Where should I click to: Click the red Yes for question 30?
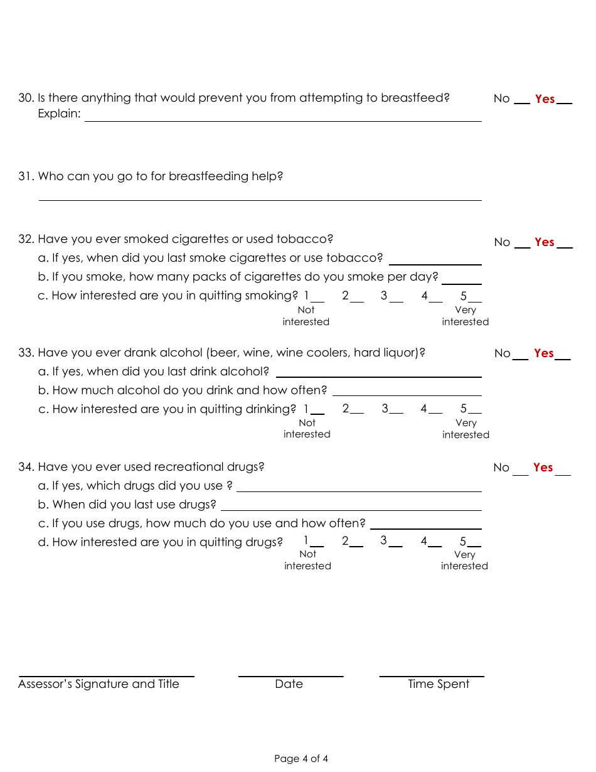pos(545,99)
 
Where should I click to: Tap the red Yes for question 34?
pos(543,468)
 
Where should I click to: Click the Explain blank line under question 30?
pos(282,116)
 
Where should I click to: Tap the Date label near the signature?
pos(289,684)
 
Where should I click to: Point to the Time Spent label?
pos(439,684)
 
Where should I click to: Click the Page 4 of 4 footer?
pos(301,759)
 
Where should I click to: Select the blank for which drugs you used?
pos(359,486)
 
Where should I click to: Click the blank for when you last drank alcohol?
pos(378,372)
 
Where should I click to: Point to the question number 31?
pos(26,176)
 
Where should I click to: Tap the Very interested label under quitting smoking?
pos(465,316)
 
